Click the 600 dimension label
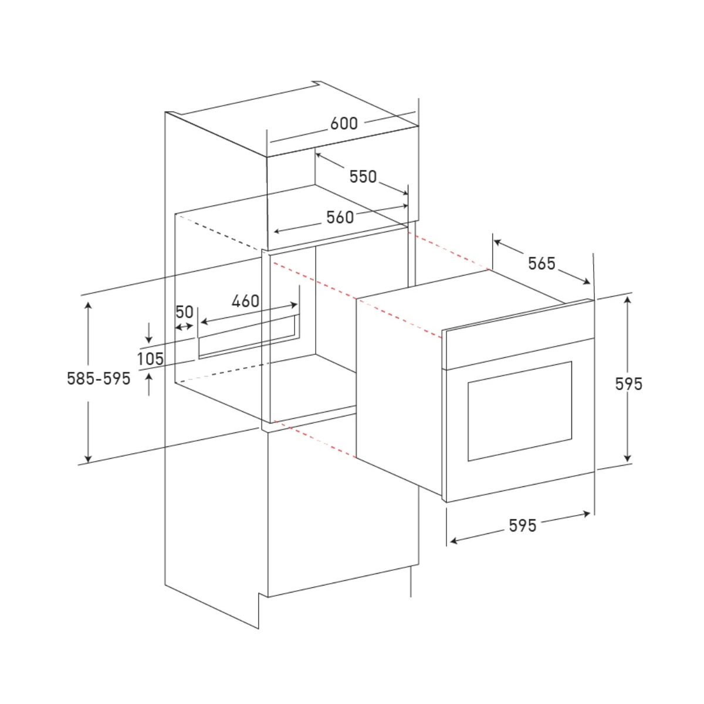[343, 123]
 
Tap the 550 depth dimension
[363, 177]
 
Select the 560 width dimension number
[340, 218]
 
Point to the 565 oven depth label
[541, 263]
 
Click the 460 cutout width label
[245, 301]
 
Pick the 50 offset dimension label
[184, 312]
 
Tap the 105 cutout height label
[151, 359]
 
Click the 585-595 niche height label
[99, 378]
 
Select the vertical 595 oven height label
[628, 384]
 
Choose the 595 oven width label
[523, 526]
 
